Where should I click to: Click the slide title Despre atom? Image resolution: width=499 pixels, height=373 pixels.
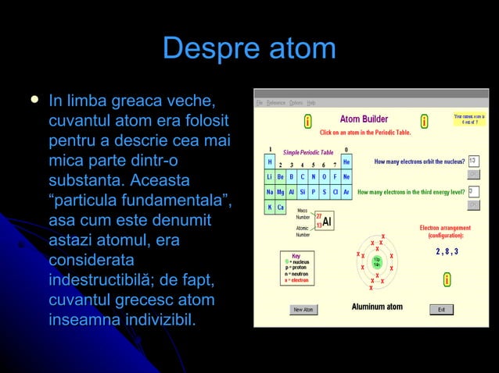point(249,48)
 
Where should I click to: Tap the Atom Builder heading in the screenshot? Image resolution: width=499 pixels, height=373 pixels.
point(364,119)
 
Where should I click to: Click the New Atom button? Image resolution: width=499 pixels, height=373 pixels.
point(303,309)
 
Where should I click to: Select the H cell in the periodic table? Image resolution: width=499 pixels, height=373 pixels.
point(270,162)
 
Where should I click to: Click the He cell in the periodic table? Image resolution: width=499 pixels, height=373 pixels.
point(346,162)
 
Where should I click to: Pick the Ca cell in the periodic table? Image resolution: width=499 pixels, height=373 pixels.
point(281,208)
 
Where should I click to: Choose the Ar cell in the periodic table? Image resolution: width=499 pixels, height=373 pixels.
point(346,192)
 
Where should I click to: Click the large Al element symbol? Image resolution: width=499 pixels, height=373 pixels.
point(327,222)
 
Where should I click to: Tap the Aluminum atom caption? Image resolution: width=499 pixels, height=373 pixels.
point(377,307)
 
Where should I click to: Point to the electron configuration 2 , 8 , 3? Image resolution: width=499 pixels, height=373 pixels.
point(447,251)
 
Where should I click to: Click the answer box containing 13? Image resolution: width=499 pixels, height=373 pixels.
point(473,161)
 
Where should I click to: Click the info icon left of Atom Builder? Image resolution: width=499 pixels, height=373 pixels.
point(308,121)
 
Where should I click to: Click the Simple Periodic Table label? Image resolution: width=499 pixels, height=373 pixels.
point(307,152)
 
